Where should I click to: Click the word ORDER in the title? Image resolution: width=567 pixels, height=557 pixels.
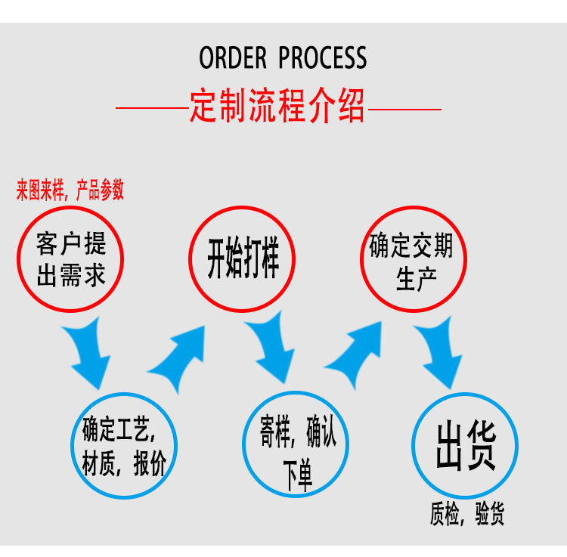click(233, 58)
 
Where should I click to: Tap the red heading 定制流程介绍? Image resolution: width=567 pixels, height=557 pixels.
click(277, 107)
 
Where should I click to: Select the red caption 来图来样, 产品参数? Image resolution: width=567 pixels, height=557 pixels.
click(70, 191)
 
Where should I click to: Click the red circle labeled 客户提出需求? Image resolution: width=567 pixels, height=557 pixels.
click(71, 258)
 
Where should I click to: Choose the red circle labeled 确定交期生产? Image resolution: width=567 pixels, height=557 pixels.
click(411, 258)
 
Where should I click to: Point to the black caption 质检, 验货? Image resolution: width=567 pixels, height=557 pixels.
click(466, 515)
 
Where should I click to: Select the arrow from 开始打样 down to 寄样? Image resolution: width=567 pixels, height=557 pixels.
click(270, 351)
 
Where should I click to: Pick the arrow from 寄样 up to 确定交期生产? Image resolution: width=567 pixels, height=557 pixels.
click(355, 353)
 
